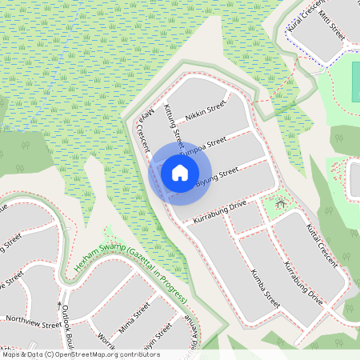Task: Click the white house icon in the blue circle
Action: click(180, 172)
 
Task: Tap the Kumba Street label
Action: click(265, 288)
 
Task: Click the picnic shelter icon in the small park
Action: click(280, 204)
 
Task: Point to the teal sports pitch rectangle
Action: click(355, 80)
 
